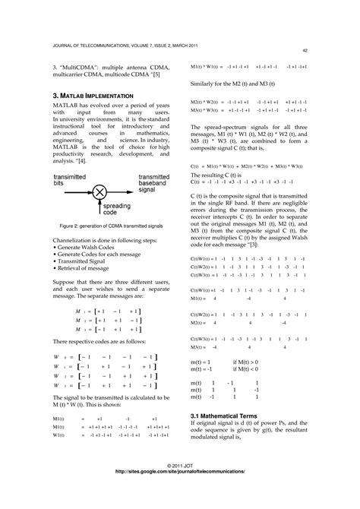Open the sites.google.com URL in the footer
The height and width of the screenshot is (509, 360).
(x=180, y=492)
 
